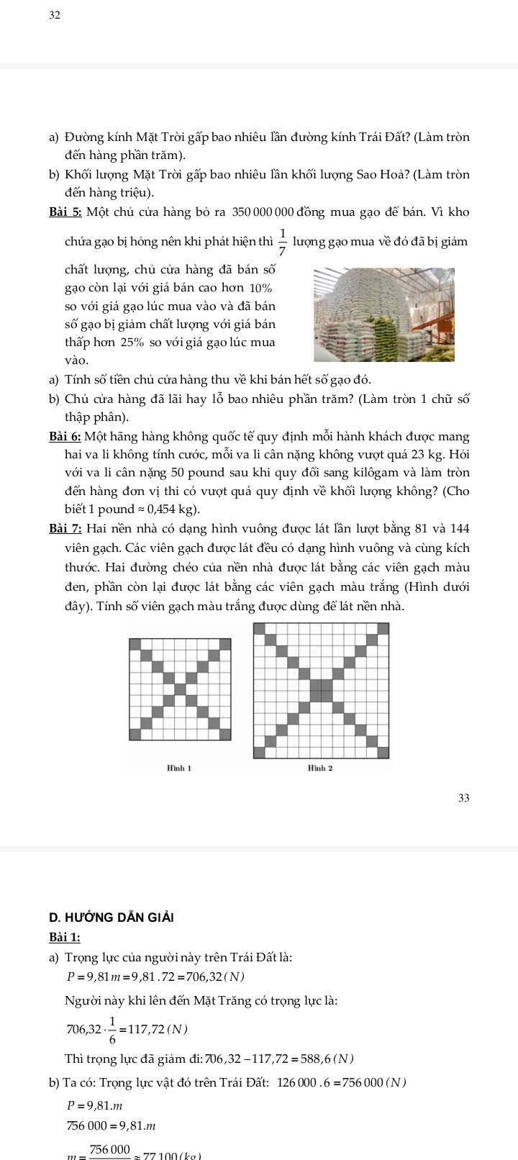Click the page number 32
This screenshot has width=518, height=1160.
coord(55,14)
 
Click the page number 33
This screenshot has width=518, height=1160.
coord(463,797)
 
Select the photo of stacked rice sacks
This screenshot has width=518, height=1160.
coord(384,314)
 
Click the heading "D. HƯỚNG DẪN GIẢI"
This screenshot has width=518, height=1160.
coord(112,917)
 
